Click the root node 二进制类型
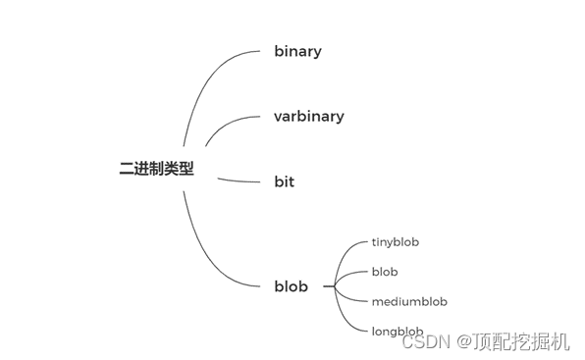[156, 169]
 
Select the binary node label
[297, 51]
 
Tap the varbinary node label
[308, 116]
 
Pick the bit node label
[284, 181]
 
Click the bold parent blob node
[291, 286]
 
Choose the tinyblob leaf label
[396, 241]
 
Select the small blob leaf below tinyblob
[385, 272]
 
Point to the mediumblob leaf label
[408, 301]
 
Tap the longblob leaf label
[398, 332]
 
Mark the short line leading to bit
[238, 180]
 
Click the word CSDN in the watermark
[425, 342]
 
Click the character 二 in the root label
[126, 169]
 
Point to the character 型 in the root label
[186, 169]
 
